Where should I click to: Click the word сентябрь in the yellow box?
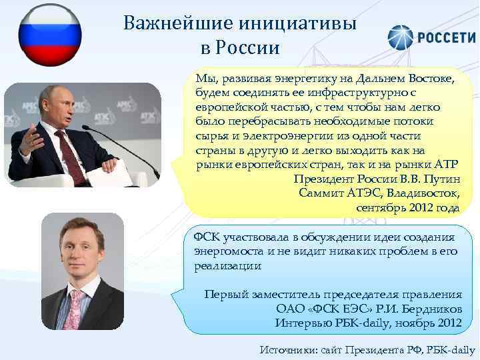(x=380, y=208)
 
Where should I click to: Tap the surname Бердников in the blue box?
(x=433, y=308)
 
